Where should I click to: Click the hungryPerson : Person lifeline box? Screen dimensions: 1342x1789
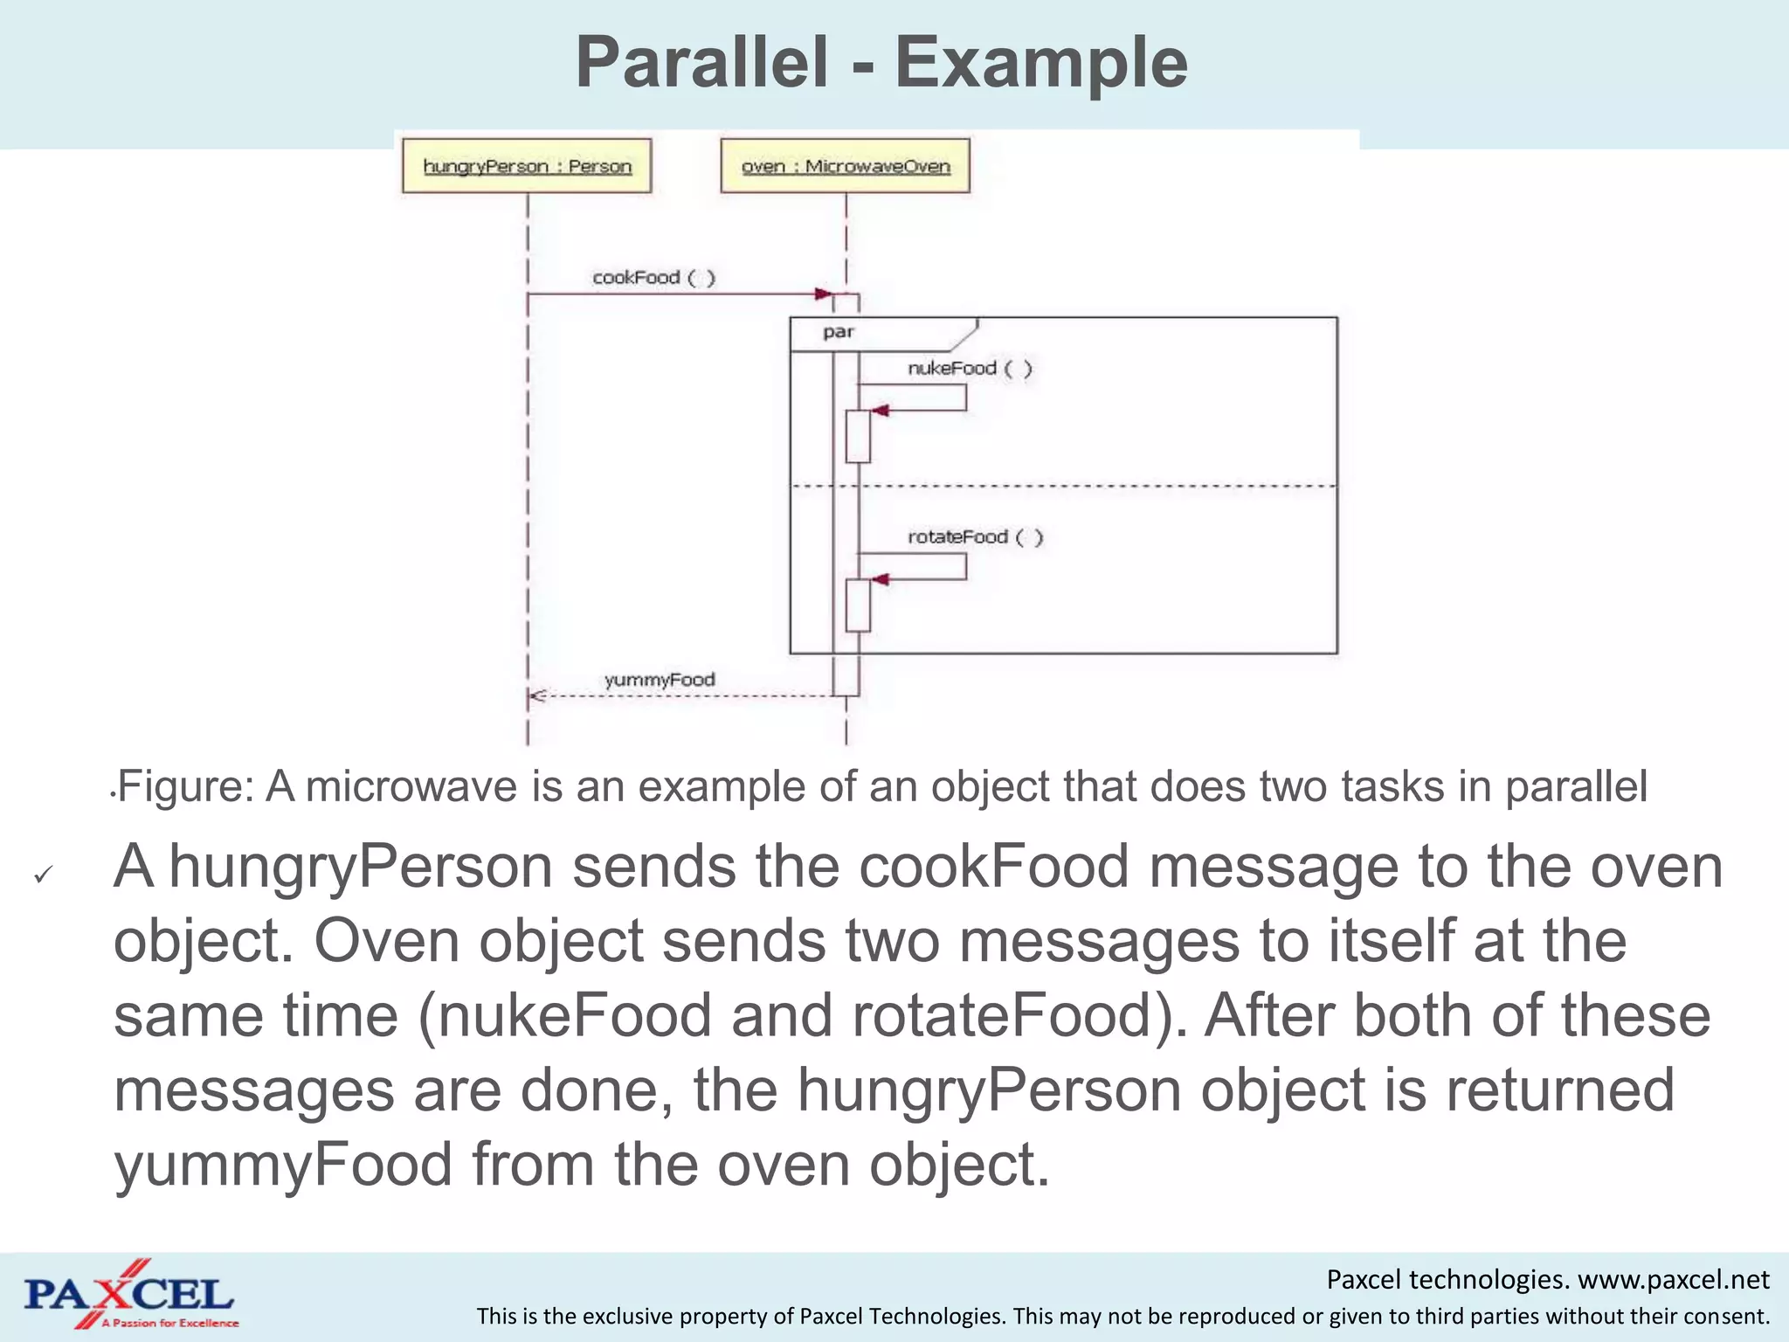tap(527, 166)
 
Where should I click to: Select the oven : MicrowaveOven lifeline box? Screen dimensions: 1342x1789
tap(845, 166)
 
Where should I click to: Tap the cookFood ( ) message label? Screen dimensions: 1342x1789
tap(653, 278)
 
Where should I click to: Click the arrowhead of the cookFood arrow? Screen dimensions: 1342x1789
tap(822, 294)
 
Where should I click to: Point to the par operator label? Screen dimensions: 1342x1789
tap(838, 332)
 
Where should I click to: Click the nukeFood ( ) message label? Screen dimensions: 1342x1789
tap(970, 369)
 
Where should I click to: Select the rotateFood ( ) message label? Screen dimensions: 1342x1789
tap(975, 537)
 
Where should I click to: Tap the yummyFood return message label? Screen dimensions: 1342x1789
tap(660, 680)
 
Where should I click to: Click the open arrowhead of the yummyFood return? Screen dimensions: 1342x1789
tap(537, 696)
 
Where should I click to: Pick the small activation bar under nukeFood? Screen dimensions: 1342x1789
tap(858, 436)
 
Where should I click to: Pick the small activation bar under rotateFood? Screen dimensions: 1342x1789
tap(858, 605)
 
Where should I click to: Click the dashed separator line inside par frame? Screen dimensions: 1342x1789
tap(1092, 486)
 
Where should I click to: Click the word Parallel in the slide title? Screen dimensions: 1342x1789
tap(701, 63)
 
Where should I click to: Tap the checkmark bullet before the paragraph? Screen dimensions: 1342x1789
tap(43, 874)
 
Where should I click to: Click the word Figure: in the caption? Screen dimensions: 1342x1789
tap(185, 786)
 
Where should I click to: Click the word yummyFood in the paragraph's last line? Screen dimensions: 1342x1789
tap(283, 1166)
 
